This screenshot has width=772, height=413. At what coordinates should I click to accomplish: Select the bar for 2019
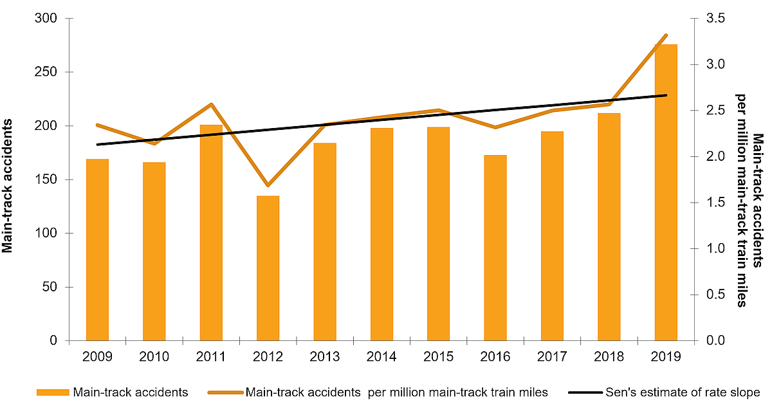tap(666, 192)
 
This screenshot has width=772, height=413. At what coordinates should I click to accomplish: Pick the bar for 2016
tap(495, 248)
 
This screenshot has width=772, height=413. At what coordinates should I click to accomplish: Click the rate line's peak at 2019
tap(666, 35)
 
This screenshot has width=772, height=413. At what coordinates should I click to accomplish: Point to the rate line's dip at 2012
tap(268, 185)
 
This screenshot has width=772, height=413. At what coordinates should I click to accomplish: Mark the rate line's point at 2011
tap(211, 104)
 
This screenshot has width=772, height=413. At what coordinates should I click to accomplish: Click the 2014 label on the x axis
tap(381, 356)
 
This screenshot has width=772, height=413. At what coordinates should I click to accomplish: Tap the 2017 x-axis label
tap(552, 356)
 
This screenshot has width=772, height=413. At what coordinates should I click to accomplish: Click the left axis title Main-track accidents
tap(9, 179)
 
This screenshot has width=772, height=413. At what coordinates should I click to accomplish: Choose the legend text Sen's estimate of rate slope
tap(682, 392)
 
